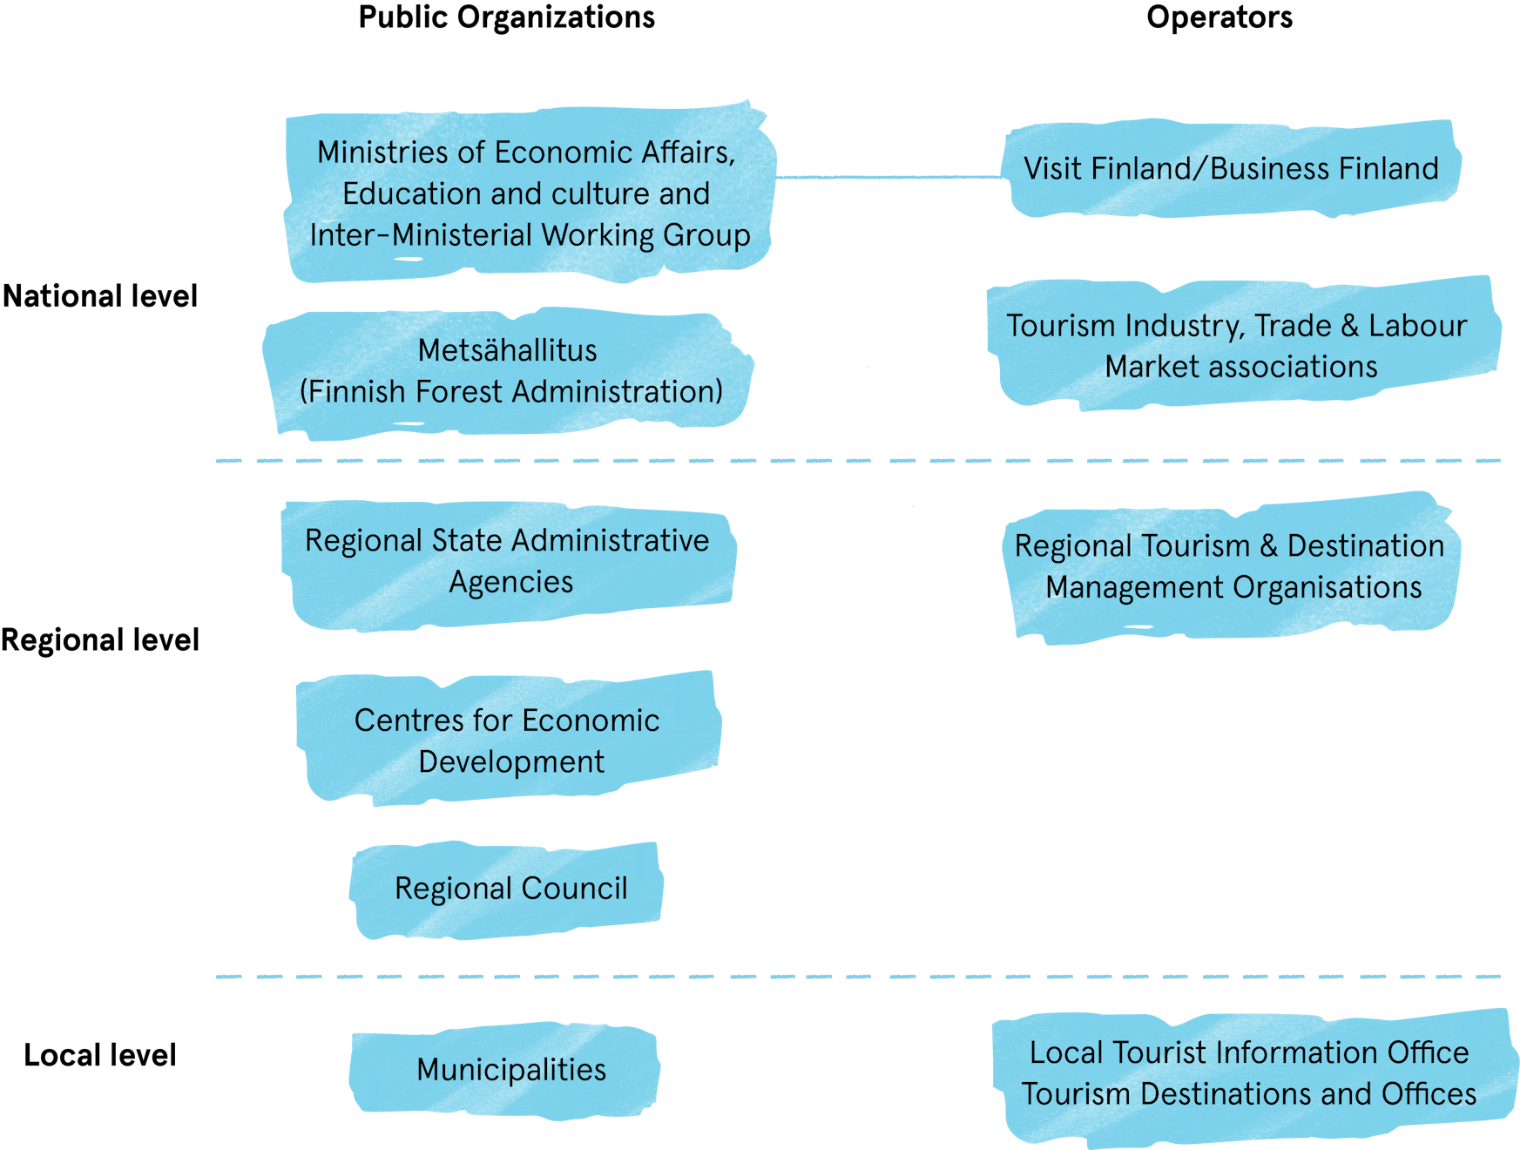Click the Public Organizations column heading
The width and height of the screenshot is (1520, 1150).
pyautogui.click(x=506, y=18)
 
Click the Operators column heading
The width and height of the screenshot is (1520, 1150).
pyautogui.click(x=1219, y=18)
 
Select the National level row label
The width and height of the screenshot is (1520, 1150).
pyautogui.click(x=100, y=296)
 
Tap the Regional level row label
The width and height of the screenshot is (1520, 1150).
pyautogui.click(x=100, y=640)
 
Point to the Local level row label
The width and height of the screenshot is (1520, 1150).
pyautogui.click(x=100, y=1056)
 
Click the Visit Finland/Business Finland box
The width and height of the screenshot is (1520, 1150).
pyautogui.click(x=1231, y=169)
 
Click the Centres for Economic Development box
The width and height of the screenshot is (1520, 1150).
pyautogui.click(x=508, y=741)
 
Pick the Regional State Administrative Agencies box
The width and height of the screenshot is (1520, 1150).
pyautogui.click(x=508, y=562)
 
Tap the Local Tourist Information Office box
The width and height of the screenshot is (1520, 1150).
pyautogui.click(x=1250, y=1074)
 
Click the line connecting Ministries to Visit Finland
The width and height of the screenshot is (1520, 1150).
pyautogui.click(x=888, y=177)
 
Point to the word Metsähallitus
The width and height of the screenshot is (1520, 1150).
pyautogui.click(x=507, y=350)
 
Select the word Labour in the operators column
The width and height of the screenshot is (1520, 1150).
pyautogui.click(x=1417, y=326)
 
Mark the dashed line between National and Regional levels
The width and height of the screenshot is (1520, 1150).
pyautogui.click(x=858, y=461)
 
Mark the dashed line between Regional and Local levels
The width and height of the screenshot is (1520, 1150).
pyautogui.click(x=858, y=977)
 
